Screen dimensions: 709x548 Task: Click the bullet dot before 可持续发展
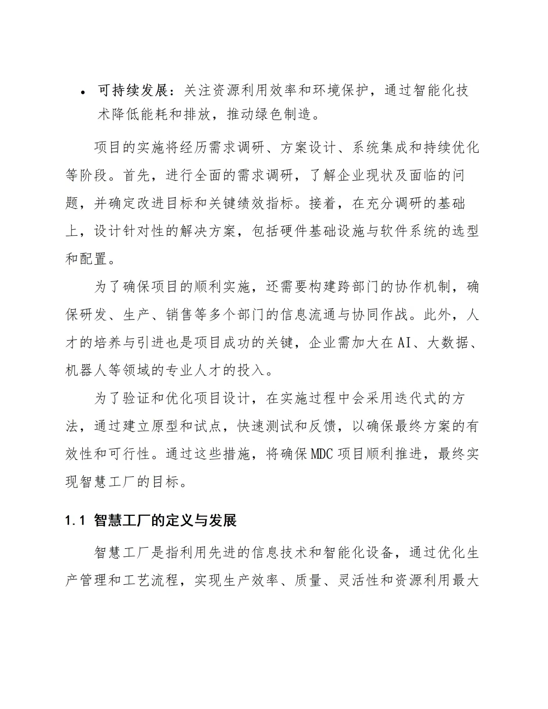click(x=83, y=92)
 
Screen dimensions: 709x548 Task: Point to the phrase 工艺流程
click(x=152, y=580)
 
